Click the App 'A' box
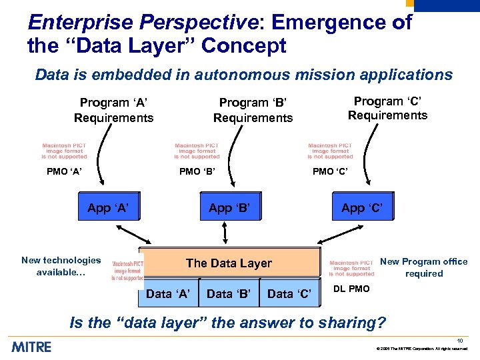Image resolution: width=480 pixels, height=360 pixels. pyautogui.click(x=108, y=208)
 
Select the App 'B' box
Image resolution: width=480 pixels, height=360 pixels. pyautogui.click(x=229, y=208)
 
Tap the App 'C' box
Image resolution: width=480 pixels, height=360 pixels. pyautogui.click(x=362, y=208)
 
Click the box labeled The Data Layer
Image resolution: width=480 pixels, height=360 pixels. pyautogui.click(x=229, y=263)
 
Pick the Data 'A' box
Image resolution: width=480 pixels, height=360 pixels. pyautogui.click(x=168, y=293)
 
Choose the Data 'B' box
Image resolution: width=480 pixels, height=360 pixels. pyautogui.click(x=229, y=293)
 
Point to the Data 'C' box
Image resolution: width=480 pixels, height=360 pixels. pyautogui.click(x=289, y=293)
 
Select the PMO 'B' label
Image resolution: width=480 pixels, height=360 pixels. pyautogui.click(x=198, y=172)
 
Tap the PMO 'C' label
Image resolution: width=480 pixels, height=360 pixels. pyautogui.click(x=331, y=172)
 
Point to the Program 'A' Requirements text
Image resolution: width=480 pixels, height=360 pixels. pyautogui.click(x=113, y=110)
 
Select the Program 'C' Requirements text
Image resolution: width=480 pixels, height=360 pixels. pyautogui.click(x=387, y=108)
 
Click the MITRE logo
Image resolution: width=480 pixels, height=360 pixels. pyautogui.click(x=31, y=347)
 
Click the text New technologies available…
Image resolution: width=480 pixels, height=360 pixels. pyautogui.click(x=61, y=266)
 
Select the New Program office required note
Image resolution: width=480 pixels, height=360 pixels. pyautogui.click(x=423, y=267)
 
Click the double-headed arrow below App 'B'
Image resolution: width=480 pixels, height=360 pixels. pyautogui.click(x=225, y=234)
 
